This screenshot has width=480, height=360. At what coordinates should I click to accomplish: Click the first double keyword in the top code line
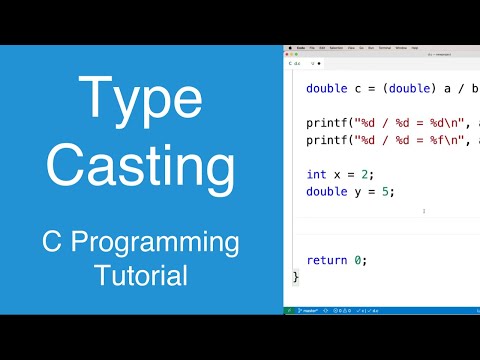326,87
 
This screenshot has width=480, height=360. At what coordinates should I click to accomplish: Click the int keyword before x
316,174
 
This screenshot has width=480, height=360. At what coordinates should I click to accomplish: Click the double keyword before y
326,191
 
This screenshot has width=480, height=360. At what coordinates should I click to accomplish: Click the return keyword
327,260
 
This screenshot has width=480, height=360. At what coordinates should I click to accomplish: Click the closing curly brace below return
296,277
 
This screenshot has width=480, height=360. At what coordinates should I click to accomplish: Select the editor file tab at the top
297,62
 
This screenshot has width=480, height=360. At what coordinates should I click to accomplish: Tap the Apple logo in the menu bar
289,47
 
